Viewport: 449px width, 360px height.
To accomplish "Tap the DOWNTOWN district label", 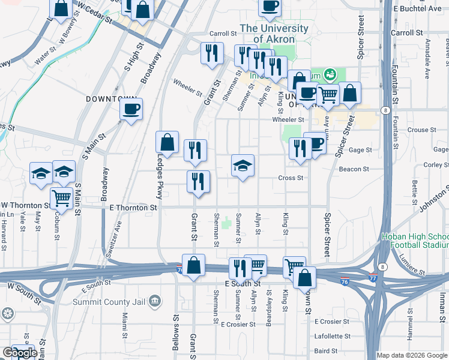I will pos(112,98).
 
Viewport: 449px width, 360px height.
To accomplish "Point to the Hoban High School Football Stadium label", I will pos(414,241).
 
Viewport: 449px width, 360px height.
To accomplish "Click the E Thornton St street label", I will pos(133,208).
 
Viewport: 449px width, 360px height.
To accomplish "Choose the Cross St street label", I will pos(291,178).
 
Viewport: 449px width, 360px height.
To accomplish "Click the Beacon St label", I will pos(351,169).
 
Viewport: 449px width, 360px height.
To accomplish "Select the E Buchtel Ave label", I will pos(417,8).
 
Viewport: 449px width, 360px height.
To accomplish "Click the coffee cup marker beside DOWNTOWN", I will pos(131,109).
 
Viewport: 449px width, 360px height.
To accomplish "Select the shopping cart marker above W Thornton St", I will pos(61,197).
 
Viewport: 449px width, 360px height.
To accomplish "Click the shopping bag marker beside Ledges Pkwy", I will pos(167,143).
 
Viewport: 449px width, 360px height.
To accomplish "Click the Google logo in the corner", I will pos(19,353).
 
